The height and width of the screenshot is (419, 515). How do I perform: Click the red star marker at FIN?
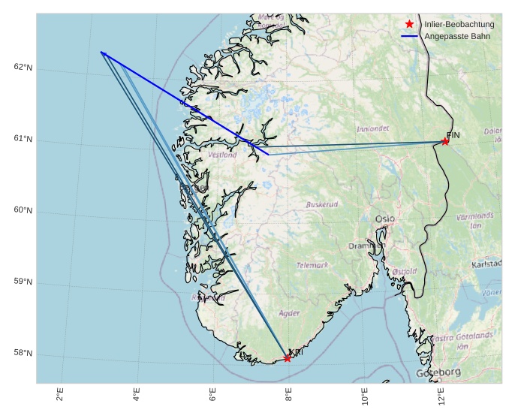coord(445,141)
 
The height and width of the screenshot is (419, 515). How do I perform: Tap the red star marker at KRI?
coord(288,358)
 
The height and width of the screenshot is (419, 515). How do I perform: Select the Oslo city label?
coord(385,219)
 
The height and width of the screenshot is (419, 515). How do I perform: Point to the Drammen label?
coord(366,246)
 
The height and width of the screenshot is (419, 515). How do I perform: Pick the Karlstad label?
coord(487,264)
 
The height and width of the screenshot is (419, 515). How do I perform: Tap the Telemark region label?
coord(312,265)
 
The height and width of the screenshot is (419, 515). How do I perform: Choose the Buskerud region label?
coord(322,204)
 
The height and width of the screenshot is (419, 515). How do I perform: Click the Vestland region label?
coord(222,155)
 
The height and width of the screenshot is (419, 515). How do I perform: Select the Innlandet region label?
coord(373,129)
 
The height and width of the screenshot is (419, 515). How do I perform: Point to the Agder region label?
coord(289,313)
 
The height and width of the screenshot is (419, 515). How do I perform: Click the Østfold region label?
coord(404,271)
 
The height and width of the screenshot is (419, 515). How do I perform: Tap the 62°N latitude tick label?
coord(23,68)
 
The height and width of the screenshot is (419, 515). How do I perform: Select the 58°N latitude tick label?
coord(23,353)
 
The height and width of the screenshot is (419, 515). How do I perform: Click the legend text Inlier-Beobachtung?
coord(459,25)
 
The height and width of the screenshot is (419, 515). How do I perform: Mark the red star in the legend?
coord(409,25)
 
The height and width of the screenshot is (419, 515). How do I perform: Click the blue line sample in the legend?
coord(409,36)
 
